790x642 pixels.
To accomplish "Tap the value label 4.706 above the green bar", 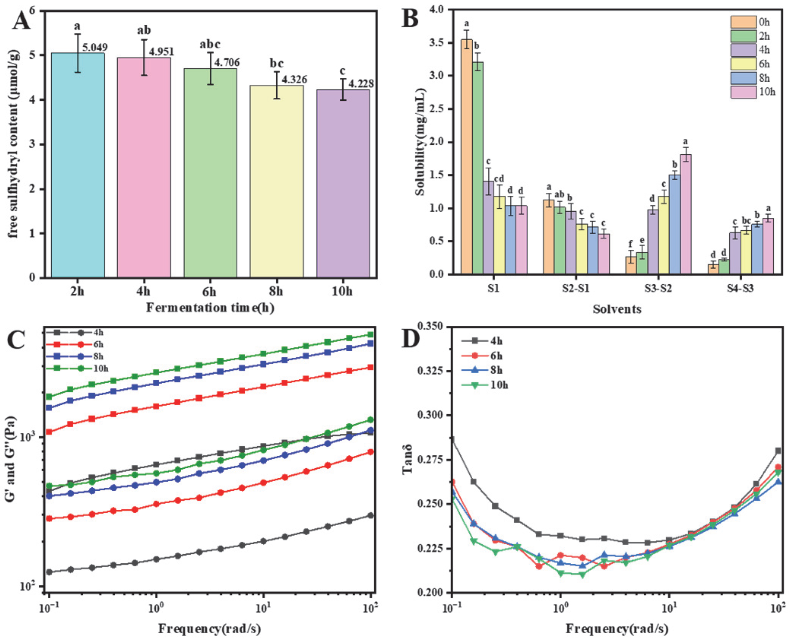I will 227,62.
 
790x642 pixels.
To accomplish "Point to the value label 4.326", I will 294,80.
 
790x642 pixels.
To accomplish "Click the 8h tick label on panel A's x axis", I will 276,292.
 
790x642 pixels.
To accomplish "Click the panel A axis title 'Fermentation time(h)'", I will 210,308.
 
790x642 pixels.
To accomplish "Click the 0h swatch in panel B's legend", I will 743,22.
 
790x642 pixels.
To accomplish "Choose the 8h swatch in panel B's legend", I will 743,78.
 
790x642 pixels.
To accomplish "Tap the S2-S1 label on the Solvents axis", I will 576,289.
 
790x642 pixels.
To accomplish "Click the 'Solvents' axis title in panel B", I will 617,309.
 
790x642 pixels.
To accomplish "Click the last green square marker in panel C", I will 371,334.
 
